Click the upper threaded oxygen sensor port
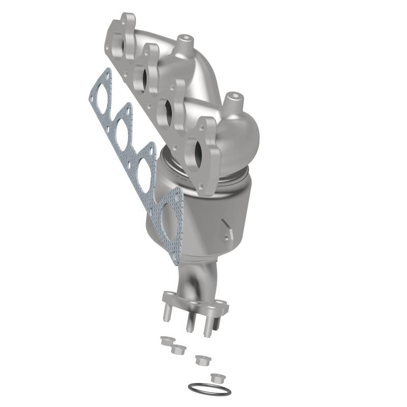coord(183,39)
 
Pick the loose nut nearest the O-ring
coord(217,378)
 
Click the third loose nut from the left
coord(202,360)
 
